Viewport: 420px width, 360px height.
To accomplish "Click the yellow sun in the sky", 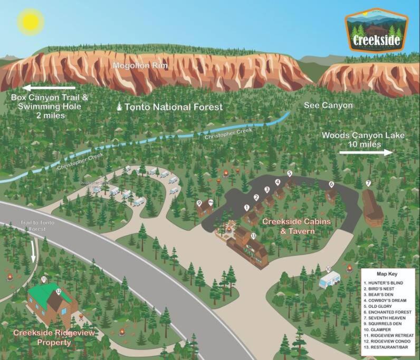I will point(30,22).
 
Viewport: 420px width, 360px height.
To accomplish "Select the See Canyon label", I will point(328,105).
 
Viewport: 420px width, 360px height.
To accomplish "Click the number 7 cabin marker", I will point(368,183).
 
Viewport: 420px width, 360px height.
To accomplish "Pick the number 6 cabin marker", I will point(331,184).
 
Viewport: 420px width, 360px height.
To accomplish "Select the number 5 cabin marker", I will point(289,173).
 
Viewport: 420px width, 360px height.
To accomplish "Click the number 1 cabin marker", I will point(246,208).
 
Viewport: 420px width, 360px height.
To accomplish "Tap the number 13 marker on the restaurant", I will point(253,236).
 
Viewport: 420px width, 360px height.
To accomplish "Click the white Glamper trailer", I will point(330,279).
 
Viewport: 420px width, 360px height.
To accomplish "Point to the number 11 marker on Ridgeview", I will point(44,279).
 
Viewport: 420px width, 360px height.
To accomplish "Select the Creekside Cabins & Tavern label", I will point(297,226).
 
